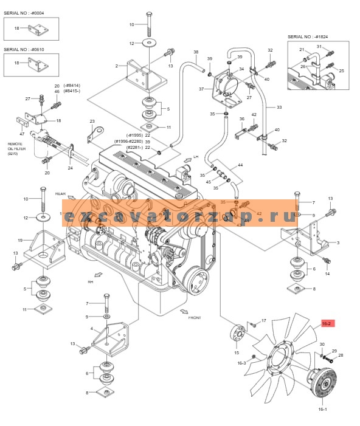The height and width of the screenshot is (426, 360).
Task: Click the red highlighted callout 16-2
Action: tap(326, 323)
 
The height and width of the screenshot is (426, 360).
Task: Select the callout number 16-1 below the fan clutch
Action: tap(323, 410)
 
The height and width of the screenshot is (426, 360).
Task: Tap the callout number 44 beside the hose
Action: tap(240, 165)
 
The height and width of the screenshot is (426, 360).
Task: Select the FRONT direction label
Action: tap(195, 317)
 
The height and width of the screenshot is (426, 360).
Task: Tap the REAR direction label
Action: tap(61, 194)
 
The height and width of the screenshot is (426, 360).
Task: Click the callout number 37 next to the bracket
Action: tap(202, 89)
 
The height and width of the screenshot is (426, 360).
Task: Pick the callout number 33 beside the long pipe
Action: tap(279, 108)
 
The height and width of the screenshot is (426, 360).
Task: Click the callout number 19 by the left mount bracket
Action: tap(20, 240)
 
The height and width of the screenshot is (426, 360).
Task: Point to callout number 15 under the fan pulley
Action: tap(237, 352)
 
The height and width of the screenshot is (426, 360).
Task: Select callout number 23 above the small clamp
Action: tap(92, 121)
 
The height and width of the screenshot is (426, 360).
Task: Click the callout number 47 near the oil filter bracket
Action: tap(22, 133)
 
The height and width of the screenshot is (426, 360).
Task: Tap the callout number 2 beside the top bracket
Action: tap(116, 66)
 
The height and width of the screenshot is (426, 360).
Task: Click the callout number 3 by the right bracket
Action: tap(337, 242)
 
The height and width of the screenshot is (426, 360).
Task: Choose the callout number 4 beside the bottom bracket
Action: tap(92, 329)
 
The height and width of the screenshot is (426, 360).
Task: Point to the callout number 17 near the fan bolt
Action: tap(263, 320)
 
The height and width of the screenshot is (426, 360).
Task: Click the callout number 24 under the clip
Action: tap(70, 168)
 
